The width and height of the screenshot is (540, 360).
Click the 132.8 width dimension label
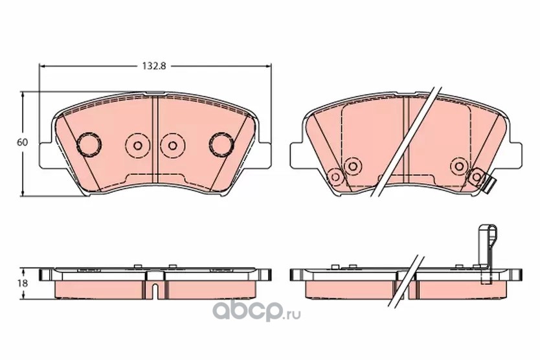click(154, 66)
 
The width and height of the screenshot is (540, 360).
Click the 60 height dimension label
click(23, 142)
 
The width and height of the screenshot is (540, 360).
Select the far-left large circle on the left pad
click(89, 144)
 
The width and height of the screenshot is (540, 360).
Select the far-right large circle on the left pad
click(221, 144)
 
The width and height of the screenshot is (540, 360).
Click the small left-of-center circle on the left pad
click(138, 146)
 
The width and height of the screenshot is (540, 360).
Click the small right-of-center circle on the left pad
click(172, 146)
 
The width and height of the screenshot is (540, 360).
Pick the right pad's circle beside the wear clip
click(477, 177)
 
